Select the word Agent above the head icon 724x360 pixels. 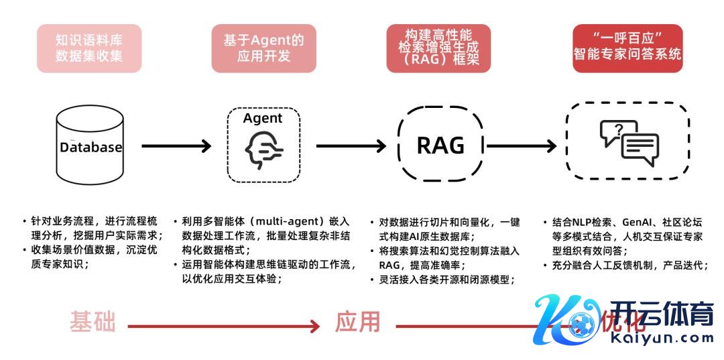tap(263, 119)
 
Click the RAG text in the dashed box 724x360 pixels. tap(440, 145)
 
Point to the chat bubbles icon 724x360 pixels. tap(628, 141)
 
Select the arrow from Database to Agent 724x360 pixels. tap(176, 145)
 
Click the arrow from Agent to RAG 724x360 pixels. tap(351, 145)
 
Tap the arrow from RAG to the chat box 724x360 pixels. tap(522, 145)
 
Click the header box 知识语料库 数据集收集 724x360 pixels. tap(89, 48)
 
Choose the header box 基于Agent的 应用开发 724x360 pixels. tap(263, 48)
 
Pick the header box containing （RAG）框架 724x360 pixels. tap(438, 48)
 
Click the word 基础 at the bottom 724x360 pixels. tap(93, 323)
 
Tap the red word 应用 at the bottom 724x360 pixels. tap(358, 323)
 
